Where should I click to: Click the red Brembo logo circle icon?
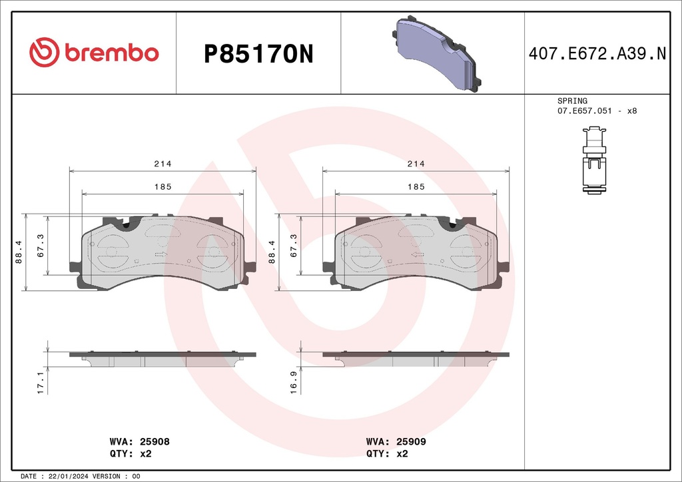tap(45, 53)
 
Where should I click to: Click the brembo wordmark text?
tap(111, 53)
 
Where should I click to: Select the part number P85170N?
tap(258, 54)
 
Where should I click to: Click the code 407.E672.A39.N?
tap(597, 54)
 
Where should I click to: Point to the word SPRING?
tap(572, 101)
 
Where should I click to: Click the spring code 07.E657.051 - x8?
tap(597, 111)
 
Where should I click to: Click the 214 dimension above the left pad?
tap(163, 164)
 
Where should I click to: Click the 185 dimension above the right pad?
tap(416, 187)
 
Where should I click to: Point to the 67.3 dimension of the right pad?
tap(293, 244)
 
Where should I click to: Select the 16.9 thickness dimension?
tap(294, 382)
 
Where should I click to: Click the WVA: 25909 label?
tap(396, 441)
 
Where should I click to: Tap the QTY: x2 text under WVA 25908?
tap(131, 453)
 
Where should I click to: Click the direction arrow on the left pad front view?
tap(161, 254)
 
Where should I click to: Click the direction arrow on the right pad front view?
tap(418, 254)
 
